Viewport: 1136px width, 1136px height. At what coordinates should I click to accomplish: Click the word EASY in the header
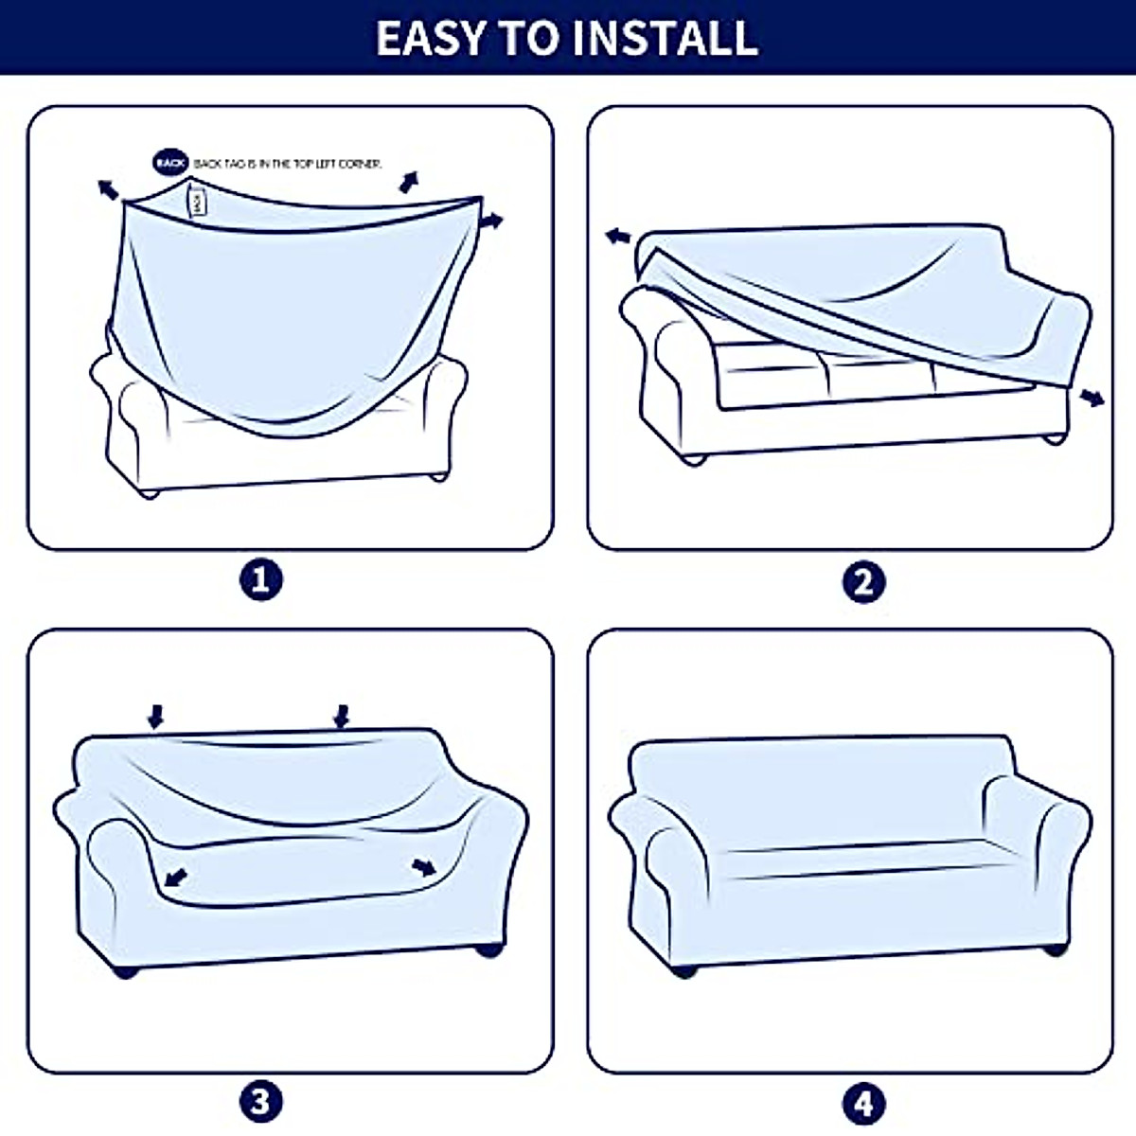431,38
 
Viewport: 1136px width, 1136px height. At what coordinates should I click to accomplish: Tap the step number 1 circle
261,579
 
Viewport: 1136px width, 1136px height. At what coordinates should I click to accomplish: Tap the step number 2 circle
863,581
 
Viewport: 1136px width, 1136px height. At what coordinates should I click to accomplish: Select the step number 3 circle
261,1101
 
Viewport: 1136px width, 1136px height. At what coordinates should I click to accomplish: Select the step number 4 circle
863,1104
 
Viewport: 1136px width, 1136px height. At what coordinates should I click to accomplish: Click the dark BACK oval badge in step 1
171,163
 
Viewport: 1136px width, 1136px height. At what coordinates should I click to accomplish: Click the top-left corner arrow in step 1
108,189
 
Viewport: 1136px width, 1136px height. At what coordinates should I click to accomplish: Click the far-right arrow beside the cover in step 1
491,222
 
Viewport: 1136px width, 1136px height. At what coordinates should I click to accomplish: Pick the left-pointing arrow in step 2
619,236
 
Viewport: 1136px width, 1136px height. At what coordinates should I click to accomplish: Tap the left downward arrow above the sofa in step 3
156,716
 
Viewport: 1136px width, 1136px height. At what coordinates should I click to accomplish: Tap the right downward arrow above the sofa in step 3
342,716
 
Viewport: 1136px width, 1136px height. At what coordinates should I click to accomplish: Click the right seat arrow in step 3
424,866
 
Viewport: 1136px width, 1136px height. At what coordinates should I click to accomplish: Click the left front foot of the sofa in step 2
696,459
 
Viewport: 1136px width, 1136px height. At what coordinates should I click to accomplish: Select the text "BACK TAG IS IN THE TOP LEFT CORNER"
288,164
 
